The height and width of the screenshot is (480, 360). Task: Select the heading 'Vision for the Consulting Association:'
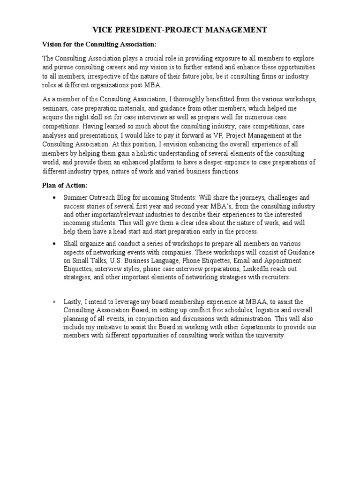click(x=99, y=45)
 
